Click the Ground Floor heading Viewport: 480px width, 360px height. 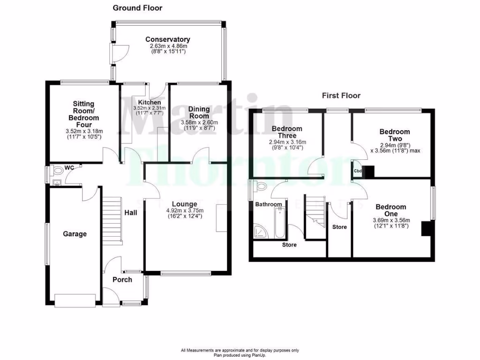(137, 8)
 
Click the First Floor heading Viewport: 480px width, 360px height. (341, 96)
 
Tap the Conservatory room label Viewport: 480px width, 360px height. (167, 39)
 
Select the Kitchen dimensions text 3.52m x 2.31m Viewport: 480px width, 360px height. (150, 108)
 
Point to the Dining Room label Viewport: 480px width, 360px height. (199, 112)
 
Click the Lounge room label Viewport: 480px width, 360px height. (184, 204)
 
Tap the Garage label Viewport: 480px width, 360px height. (75, 233)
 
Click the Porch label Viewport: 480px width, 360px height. (122, 279)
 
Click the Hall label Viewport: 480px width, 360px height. (131, 212)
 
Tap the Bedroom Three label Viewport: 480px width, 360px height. (286, 132)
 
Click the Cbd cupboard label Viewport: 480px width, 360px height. (358, 171)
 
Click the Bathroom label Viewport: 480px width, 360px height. (269, 204)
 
